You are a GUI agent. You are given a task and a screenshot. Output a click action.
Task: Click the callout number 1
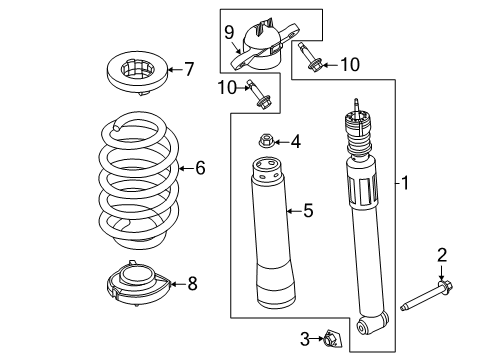[405, 183]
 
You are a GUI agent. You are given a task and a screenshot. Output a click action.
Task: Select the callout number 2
[441, 258]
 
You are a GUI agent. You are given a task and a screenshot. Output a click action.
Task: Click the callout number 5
[309, 210]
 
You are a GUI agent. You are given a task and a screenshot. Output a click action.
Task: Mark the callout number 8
[192, 284]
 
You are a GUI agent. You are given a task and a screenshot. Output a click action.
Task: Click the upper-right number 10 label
[348, 66]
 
